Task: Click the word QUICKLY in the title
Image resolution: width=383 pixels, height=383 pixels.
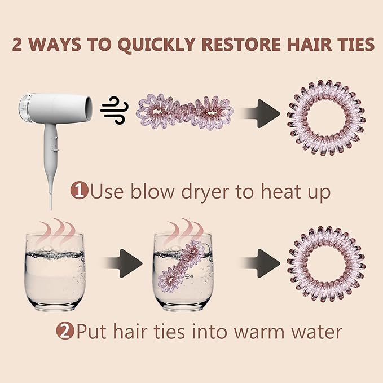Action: [156, 45]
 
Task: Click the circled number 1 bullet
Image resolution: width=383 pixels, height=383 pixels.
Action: [79, 191]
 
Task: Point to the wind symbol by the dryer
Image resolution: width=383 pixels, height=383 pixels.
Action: [115, 110]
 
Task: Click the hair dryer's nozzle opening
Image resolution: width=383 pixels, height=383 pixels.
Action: [89, 108]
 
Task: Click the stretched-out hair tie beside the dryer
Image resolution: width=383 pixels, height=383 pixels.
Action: [184, 112]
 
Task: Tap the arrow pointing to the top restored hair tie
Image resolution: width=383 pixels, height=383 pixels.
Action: [260, 113]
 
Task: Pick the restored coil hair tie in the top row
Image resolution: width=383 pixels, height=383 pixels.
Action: [326, 118]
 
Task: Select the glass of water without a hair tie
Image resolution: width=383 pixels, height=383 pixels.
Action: [55, 272]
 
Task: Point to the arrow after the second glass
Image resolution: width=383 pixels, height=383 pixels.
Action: [260, 263]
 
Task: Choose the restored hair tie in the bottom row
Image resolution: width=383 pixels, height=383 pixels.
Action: [326, 265]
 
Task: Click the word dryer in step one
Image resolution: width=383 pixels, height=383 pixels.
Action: [205, 193]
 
